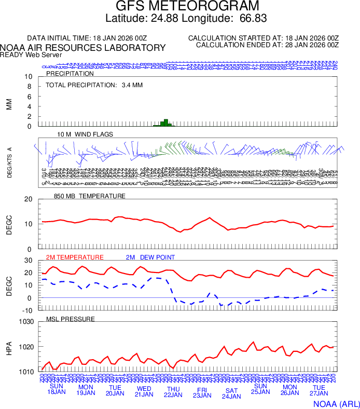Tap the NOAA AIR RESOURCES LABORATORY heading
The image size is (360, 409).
click(x=83, y=48)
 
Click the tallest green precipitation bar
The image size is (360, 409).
click(x=165, y=122)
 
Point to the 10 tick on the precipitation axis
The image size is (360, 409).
click(x=29, y=77)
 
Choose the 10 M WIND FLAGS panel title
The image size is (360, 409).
click(x=85, y=134)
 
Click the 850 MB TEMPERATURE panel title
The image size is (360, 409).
click(x=89, y=196)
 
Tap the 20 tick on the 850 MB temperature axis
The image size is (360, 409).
click(x=29, y=199)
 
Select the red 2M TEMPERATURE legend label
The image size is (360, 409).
click(x=75, y=257)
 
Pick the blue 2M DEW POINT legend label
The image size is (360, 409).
click(x=150, y=257)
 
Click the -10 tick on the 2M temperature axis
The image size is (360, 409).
click(x=27, y=310)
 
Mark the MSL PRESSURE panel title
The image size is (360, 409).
click(x=71, y=319)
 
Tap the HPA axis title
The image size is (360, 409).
click(x=8, y=347)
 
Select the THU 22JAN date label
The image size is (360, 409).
click(x=173, y=391)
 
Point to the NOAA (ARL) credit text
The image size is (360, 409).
click(x=336, y=403)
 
